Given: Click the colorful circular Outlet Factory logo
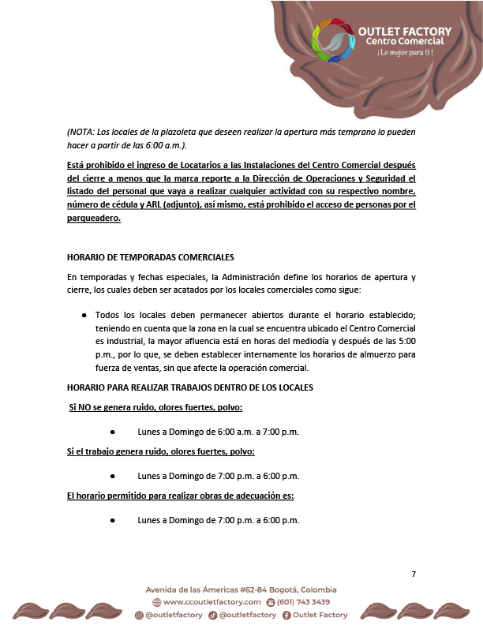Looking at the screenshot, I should point(335,43).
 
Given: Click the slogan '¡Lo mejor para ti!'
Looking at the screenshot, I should point(405,53).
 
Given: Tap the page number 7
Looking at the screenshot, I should point(414,574).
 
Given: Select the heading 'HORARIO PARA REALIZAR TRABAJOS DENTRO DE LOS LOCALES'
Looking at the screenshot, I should point(189,387).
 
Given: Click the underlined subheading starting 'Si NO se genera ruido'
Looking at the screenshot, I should point(155,407).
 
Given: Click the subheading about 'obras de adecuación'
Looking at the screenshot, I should point(180,496).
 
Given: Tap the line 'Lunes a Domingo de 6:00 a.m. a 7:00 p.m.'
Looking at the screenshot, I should point(218,432).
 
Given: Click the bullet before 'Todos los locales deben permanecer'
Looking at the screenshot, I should point(84,314).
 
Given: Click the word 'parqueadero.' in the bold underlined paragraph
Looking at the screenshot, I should point(94,219).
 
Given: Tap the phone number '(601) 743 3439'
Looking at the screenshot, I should point(303,602).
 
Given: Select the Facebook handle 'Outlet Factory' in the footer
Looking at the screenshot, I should point(320,615).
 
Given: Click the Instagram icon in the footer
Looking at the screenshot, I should point(139,615).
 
